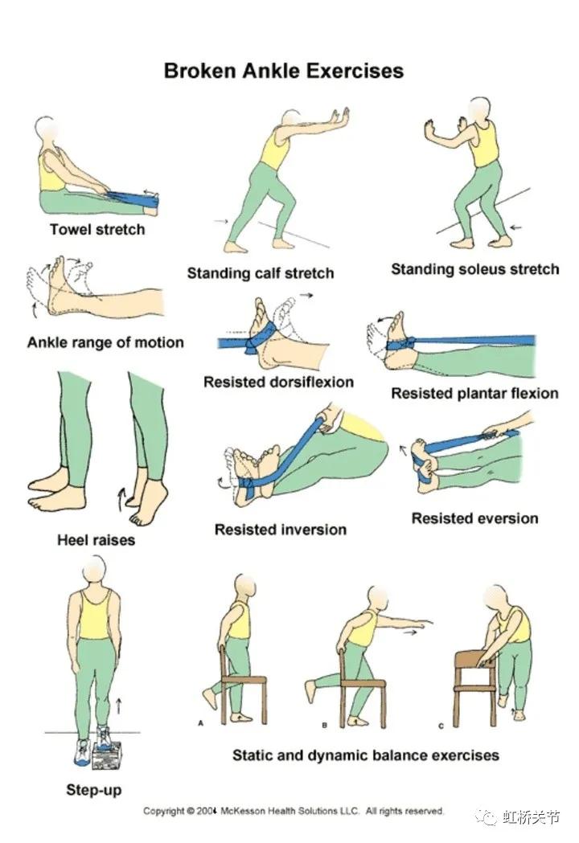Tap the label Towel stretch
tap(97, 230)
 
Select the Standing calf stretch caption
tap(261, 273)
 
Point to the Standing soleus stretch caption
tap(475, 269)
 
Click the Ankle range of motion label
tap(105, 342)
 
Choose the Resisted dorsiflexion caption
tap(278, 382)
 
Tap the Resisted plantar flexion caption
tap(474, 394)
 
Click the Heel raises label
tap(96, 539)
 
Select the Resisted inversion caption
tap(281, 530)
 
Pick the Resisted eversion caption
tap(474, 518)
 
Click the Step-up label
tap(93, 790)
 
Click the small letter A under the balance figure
tap(201, 723)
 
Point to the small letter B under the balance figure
tap(324, 725)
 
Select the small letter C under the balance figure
tap(441, 726)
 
